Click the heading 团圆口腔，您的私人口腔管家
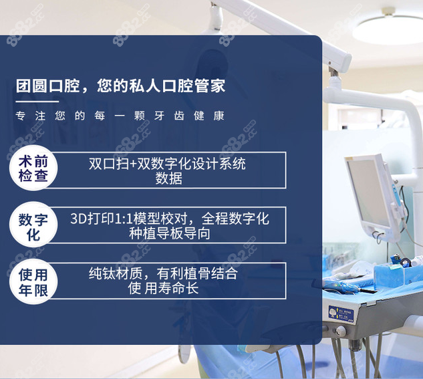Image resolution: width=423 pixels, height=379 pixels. coord(120,86)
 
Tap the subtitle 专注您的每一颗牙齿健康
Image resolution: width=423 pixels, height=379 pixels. coord(120,116)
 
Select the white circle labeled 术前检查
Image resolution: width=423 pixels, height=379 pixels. coord(33,169)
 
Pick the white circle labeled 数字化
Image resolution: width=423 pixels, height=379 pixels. coord(33,226)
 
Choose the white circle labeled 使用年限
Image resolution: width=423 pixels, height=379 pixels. coord(33,282)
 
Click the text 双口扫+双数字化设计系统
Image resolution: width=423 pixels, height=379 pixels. coord(167,163)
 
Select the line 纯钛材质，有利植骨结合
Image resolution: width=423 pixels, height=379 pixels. coord(164,274)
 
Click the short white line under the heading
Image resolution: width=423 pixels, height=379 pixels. coord(37,101)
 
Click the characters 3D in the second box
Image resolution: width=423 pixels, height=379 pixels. coord(79,219)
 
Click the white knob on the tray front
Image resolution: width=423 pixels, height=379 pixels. coord(341,330)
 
